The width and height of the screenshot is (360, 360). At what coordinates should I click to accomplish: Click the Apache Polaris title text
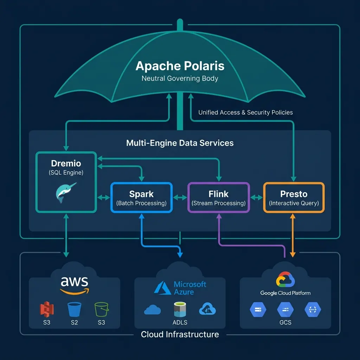tap(180, 66)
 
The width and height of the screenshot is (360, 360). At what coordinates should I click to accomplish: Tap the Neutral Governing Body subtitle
tap(180, 78)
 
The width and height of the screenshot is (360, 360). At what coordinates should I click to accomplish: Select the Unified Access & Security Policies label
tap(245, 112)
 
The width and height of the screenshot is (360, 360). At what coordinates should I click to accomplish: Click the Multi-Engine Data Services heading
tap(180, 143)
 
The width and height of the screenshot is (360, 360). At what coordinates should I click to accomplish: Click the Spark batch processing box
tap(141, 198)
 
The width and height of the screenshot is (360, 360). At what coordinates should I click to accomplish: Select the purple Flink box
tap(218, 198)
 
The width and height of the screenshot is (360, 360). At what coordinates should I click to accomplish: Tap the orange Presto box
tap(294, 198)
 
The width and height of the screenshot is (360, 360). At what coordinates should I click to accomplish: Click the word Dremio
tap(66, 163)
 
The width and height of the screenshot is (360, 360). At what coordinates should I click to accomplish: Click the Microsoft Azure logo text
tap(190, 288)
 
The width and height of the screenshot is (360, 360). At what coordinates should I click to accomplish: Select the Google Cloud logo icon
tap(285, 279)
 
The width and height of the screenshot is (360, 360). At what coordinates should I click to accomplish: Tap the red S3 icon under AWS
tap(46, 309)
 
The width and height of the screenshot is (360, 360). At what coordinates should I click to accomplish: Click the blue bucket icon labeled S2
tap(74, 309)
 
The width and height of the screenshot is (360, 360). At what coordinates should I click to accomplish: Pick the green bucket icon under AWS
tap(101, 309)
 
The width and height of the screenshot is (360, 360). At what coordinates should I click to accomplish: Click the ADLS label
tap(180, 322)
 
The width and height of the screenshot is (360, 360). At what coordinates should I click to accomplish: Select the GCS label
tap(285, 322)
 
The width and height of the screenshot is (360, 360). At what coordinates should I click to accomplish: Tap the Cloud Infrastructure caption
tap(180, 334)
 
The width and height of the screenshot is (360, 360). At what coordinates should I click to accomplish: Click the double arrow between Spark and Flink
tap(180, 198)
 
